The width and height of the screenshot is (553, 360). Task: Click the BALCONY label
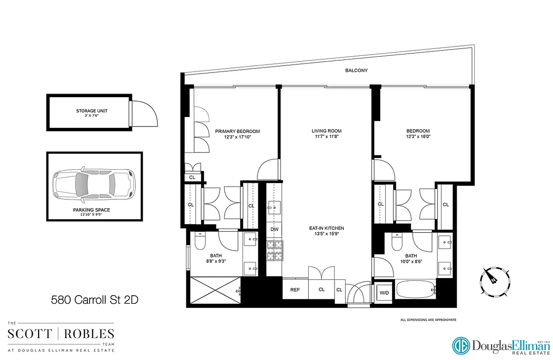click(356, 71)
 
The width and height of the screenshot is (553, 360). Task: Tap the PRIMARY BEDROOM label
click(237, 131)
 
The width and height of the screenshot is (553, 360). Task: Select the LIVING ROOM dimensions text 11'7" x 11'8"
click(324, 138)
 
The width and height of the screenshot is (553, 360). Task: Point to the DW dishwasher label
click(274, 229)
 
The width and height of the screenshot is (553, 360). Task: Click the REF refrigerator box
click(295, 290)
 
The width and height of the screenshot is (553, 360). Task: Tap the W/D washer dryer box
click(384, 293)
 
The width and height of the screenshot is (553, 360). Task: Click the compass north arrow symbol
click(494, 280)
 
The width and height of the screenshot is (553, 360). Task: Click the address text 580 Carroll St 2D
click(94, 299)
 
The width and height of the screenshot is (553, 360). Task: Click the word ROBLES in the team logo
click(89, 334)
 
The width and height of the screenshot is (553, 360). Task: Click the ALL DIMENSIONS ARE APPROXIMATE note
click(428, 319)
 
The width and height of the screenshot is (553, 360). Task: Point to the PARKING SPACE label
click(91, 210)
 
